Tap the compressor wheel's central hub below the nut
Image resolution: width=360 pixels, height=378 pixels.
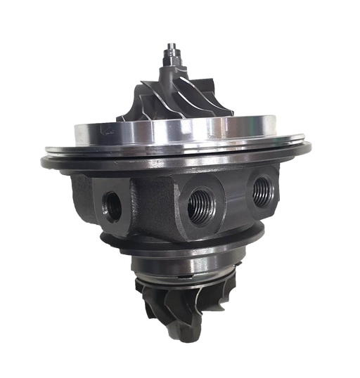pyautogui.click(x=173, y=77)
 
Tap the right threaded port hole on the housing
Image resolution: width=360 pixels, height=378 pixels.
pyautogui.click(x=262, y=187)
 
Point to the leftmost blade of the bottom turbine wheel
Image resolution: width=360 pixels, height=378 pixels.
pyautogui.click(x=141, y=295)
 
